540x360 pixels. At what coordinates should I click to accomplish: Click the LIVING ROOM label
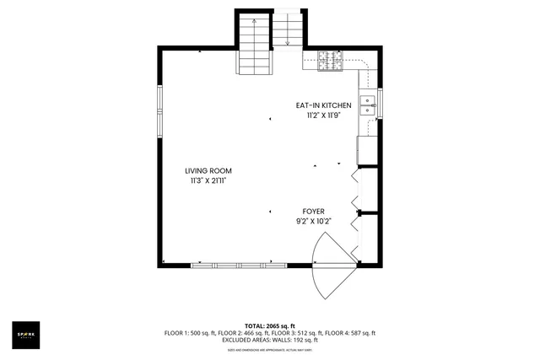[208, 170]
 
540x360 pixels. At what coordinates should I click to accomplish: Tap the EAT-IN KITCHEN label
[322, 105]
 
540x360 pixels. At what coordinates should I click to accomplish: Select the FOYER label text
[314, 212]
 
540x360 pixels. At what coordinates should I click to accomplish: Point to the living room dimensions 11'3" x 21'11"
[208, 180]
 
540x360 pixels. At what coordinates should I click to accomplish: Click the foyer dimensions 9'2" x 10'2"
[314, 222]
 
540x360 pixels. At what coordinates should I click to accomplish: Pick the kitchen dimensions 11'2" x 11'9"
[322, 116]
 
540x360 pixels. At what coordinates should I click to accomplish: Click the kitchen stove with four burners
[329, 58]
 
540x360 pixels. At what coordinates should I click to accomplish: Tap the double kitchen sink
[368, 105]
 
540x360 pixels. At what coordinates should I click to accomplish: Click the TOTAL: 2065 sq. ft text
[269, 325]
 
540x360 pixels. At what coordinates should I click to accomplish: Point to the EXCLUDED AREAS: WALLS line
[269, 340]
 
